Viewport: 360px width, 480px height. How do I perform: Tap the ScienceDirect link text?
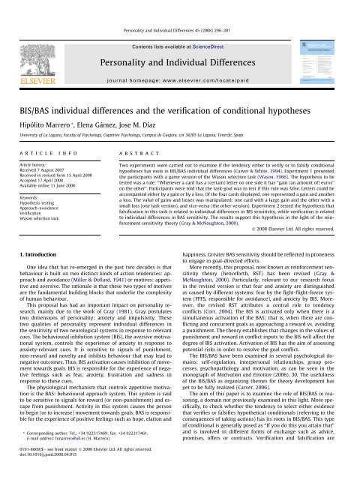pyautogui.click(x=214, y=24)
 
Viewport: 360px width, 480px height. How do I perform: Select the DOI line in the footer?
pyautogui.click(x=52, y=474)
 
